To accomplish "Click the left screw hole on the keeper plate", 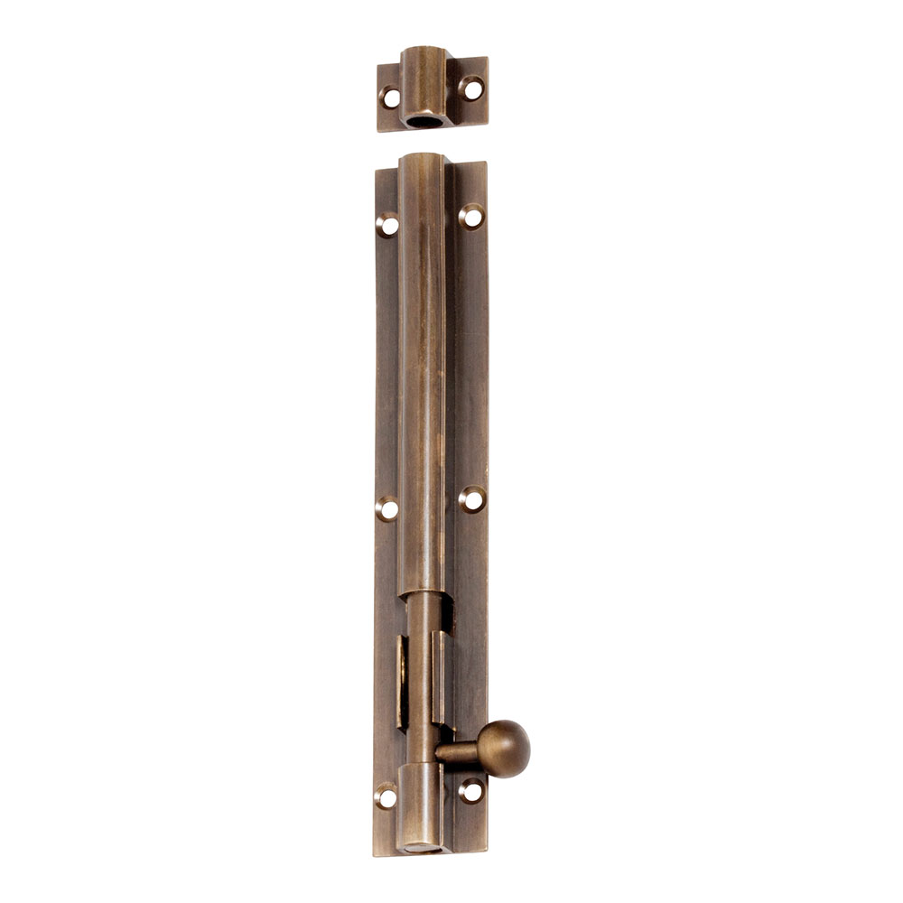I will (390, 98).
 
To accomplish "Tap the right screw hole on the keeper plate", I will (471, 88).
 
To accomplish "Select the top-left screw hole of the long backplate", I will (387, 225).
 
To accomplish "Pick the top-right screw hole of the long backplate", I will (470, 216).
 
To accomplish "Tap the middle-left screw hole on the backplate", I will (386, 509).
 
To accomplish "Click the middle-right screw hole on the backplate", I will (470, 499).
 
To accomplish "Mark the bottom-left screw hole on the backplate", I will (386, 796).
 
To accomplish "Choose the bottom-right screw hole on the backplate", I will (470, 791).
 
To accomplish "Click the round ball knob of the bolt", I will (503, 749).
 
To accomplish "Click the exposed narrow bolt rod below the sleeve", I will (421, 668).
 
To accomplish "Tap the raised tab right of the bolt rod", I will (440, 677).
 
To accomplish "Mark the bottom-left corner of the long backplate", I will (376, 853).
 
